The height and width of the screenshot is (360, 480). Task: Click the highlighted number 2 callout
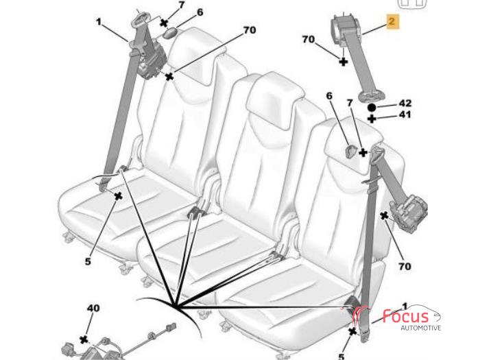393,21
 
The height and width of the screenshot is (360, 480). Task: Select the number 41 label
405,115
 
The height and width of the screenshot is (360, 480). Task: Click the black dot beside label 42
372,108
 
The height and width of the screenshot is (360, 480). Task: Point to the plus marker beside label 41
372,119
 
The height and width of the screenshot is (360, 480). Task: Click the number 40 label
93,308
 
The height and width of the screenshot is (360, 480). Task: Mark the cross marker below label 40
84,339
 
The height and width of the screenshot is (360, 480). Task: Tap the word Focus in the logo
405,316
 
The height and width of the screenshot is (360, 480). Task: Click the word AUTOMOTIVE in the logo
421,328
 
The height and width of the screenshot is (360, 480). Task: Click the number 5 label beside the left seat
88,262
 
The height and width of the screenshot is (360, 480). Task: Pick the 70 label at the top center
250,30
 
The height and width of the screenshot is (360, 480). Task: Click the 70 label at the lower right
405,266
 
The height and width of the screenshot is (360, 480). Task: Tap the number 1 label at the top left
98,22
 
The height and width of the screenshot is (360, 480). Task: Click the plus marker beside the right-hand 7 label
363,152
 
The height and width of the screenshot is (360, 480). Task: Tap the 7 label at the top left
182,5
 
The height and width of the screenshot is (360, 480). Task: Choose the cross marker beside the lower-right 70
384,216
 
